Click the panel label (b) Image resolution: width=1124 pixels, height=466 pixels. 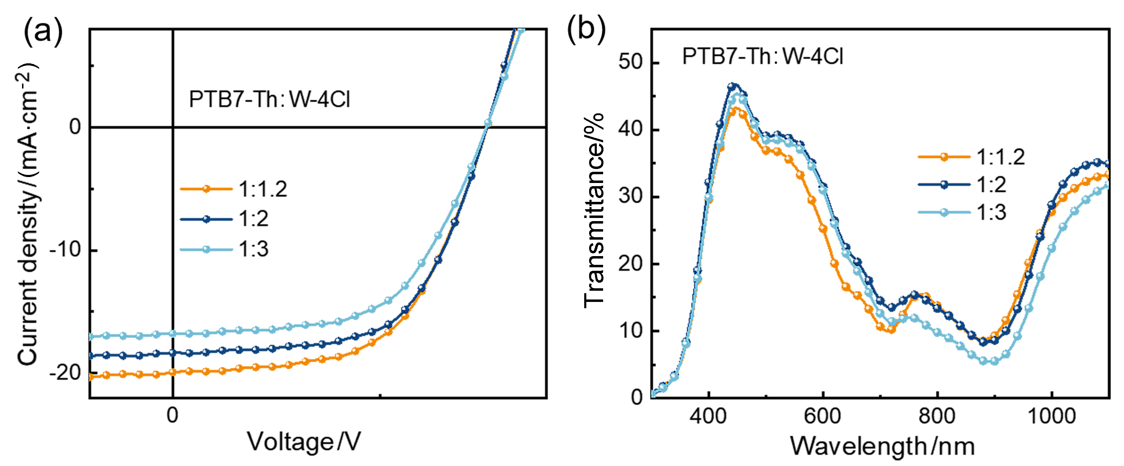(586, 29)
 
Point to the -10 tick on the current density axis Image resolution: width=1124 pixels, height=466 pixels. (65, 250)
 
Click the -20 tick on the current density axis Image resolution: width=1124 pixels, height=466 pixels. (65, 373)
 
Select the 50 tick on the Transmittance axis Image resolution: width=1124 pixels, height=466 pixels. (630, 62)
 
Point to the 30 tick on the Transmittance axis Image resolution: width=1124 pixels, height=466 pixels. (630, 196)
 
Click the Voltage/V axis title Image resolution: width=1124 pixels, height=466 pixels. (304, 442)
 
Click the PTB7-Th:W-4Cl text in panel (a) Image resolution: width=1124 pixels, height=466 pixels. (269, 99)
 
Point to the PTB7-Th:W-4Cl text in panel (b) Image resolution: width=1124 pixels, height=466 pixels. (762, 57)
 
